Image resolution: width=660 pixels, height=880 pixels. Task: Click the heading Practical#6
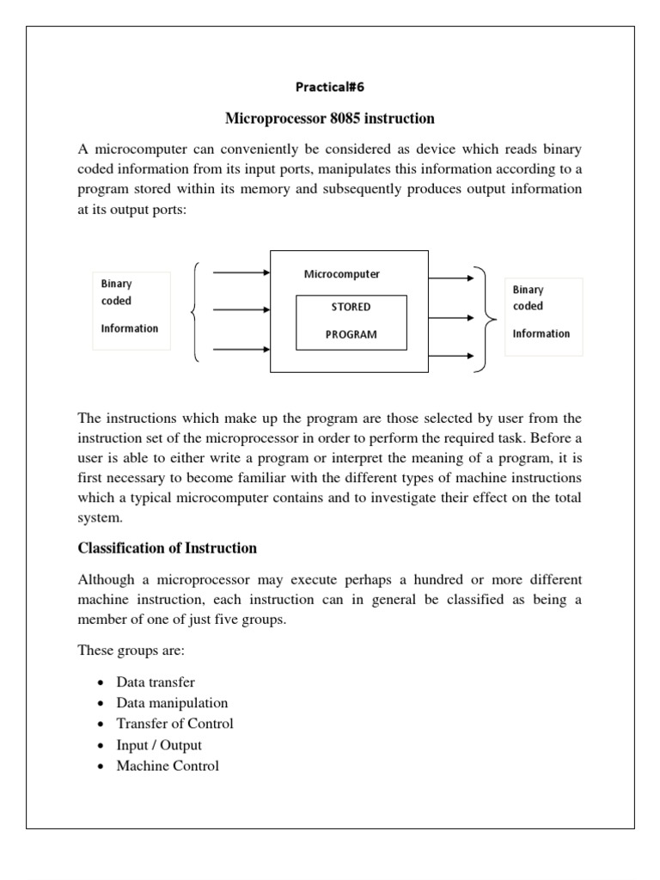tap(330, 87)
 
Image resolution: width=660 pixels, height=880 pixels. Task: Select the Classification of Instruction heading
tap(168, 547)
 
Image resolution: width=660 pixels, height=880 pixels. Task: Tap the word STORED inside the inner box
tap(351, 307)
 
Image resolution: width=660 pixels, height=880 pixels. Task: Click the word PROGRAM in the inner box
tap(351, 334)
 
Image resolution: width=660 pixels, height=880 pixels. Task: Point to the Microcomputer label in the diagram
tap(341, 274)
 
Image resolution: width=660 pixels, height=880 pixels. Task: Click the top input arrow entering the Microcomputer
tap(241, 272)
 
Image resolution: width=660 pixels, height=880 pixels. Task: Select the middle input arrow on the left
tap(241, 310)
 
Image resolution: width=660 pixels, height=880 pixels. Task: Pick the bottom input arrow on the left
tap(241, 349)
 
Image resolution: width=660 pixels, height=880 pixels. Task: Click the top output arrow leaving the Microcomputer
tap(451, 278)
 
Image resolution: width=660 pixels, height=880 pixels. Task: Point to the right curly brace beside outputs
tap(490, 317)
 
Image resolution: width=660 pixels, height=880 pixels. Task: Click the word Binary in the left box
tap(117, 283)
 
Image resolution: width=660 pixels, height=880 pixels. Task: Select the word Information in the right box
tap(541, 333)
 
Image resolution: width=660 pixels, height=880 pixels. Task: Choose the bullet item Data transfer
tap(156, 682)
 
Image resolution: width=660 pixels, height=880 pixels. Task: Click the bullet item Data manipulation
tap(172, 703)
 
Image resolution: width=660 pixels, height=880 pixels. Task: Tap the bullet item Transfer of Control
tap(174, 724)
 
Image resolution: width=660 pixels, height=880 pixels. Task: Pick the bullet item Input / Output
tap(159, 745)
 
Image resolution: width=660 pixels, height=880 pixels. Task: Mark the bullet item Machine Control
tap(168, 766)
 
